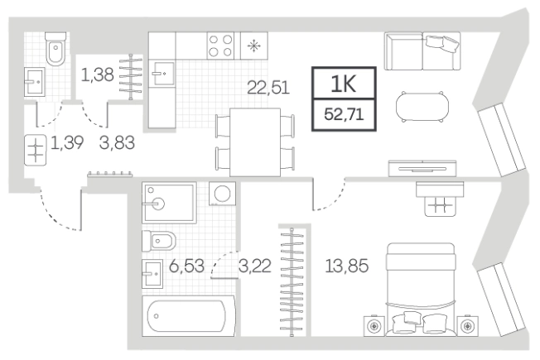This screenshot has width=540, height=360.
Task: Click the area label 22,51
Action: [268, 88]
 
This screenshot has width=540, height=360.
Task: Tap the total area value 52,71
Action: [344, 114]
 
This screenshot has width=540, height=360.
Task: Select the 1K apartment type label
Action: [344, 84]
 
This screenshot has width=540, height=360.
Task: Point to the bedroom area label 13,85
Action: [346, 266]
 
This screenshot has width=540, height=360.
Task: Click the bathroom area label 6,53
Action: [186, 266]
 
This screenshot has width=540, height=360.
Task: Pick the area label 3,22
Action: [255, 266]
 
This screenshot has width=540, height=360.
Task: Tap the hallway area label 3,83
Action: [117, 142]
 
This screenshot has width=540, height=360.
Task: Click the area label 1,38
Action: [97, 74]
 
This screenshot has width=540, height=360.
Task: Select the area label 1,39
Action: [67, 142]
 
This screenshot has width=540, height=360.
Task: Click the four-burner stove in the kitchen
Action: [220, 46]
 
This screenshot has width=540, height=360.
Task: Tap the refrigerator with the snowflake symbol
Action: [253, 46]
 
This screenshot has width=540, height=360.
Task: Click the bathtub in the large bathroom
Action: [189, 315]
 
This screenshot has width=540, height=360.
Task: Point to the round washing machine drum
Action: [223, 194]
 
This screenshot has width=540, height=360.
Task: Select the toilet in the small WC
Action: [55, 49]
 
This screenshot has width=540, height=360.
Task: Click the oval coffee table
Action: [422, 107]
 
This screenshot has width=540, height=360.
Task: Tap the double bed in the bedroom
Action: [421, 289]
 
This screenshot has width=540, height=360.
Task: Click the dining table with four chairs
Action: [255, 142]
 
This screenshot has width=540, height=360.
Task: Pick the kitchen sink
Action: [164, 74]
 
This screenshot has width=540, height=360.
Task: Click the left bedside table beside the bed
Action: [374, 325]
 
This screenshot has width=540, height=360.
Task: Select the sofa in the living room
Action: [422, 51]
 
